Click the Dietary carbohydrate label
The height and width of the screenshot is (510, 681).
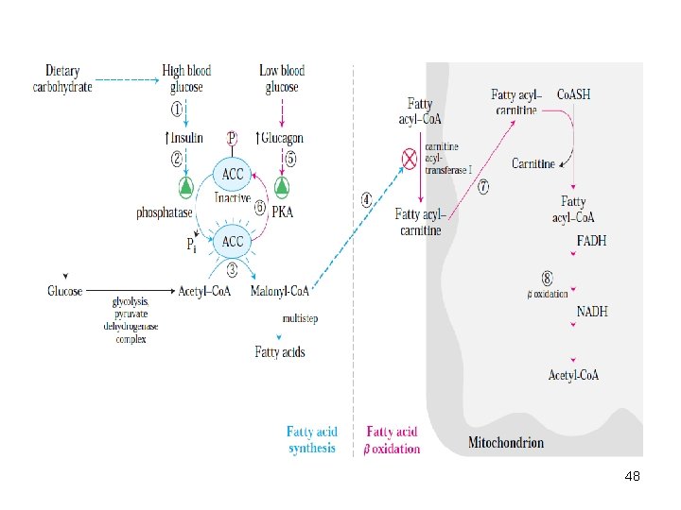tap(62, 78)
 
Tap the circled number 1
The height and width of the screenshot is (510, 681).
tap(176, 109)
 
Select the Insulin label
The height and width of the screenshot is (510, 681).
tap(184, 138)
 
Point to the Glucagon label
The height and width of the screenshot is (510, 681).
tap(280, 138)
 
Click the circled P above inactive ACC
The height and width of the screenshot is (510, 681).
tap(232, 138)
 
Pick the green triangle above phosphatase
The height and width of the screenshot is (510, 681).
tap(186, 187)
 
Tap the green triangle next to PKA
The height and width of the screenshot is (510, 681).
tap(282, 187)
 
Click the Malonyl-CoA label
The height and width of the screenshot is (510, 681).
tap(280, 291)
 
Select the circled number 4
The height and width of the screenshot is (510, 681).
tap(367, 200)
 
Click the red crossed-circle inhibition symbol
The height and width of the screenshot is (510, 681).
tap(410, 160)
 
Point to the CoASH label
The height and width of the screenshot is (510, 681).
tap(573, 94)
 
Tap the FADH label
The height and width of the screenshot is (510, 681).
tap(591, 241)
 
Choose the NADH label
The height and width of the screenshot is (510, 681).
tap(592, 312)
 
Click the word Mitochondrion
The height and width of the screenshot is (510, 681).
tap(506, 442)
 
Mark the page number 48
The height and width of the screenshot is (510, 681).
tap(633, 476)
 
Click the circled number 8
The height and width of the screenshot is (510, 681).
tap(548, 278)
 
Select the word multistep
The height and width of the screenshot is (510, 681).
tap(300, 319)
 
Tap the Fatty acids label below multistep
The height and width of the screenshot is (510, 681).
tap(280, 351)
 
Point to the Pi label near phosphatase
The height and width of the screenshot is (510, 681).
tap(191, 245)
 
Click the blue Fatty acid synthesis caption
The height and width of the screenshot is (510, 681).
tap(312, 439)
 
